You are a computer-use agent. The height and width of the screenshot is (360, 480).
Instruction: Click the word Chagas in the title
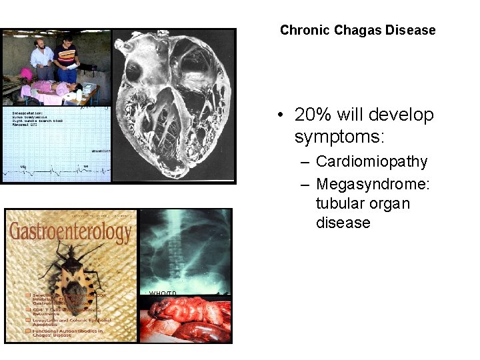tap(356, 30)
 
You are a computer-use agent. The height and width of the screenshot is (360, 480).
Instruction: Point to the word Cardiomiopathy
tap(371, 161)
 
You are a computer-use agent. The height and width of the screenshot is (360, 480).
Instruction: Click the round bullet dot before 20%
tap(283, 115)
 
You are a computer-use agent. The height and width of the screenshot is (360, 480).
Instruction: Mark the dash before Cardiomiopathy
tap(305, 162)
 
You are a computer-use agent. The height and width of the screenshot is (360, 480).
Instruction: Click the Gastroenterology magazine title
tap(70, 233)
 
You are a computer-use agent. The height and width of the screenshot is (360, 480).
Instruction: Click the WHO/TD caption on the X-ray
tap(163, 294)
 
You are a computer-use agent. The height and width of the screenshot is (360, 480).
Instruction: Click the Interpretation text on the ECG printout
tap(27, 113)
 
